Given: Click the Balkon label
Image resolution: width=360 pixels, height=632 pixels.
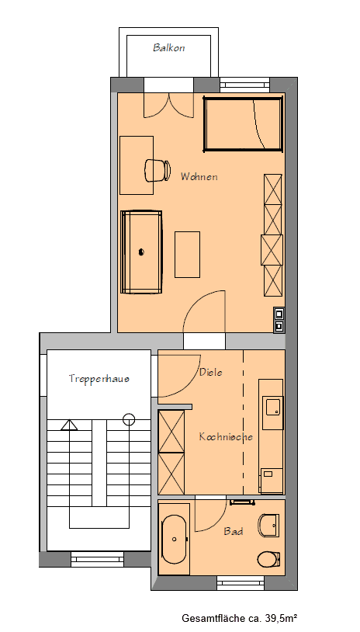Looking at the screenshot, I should pos(168,47).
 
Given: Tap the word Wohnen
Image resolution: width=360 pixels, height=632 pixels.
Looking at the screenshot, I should pos(199,177).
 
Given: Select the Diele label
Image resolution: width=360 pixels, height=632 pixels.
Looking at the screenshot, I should pos(210,373).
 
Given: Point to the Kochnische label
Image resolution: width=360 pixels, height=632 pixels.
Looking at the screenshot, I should pos(226,437).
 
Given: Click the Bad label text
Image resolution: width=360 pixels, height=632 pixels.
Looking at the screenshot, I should pos(234,532).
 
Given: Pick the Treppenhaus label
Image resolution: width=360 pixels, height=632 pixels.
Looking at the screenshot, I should pos(99,379).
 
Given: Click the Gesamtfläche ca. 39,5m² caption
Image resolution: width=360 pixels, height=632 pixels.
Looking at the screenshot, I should pos(240,619).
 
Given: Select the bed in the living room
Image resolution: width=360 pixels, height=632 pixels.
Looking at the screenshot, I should pos(242,123).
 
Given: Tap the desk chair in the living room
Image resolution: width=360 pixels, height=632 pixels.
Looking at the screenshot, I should pos(157,169).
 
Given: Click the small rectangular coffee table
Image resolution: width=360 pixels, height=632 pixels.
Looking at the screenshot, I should pos(187,254).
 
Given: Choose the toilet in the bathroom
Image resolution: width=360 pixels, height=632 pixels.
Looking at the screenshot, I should pos(268,559).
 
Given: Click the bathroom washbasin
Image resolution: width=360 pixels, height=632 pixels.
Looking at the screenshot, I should pos(269,526).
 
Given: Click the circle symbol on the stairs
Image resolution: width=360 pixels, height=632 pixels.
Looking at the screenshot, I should pos(128,419).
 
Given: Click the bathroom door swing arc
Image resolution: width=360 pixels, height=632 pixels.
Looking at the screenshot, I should pos(211,515).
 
